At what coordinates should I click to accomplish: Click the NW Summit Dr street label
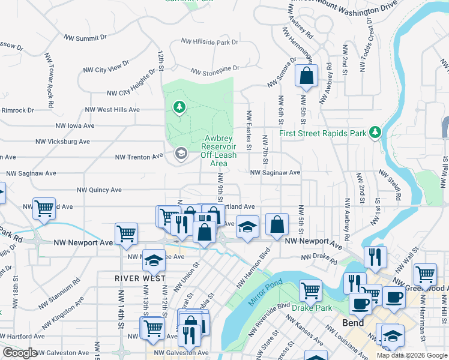(86, 37)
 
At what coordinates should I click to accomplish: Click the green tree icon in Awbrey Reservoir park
(178, 107)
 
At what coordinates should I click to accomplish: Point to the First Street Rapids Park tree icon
(375, 131)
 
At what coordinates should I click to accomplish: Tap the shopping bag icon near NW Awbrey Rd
(307, 76)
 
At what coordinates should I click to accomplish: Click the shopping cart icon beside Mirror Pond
(310, 291)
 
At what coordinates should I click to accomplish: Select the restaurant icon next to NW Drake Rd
(375, 257)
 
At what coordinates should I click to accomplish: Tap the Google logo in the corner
(20, 353)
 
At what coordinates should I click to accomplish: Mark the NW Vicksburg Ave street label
(62, 142)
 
